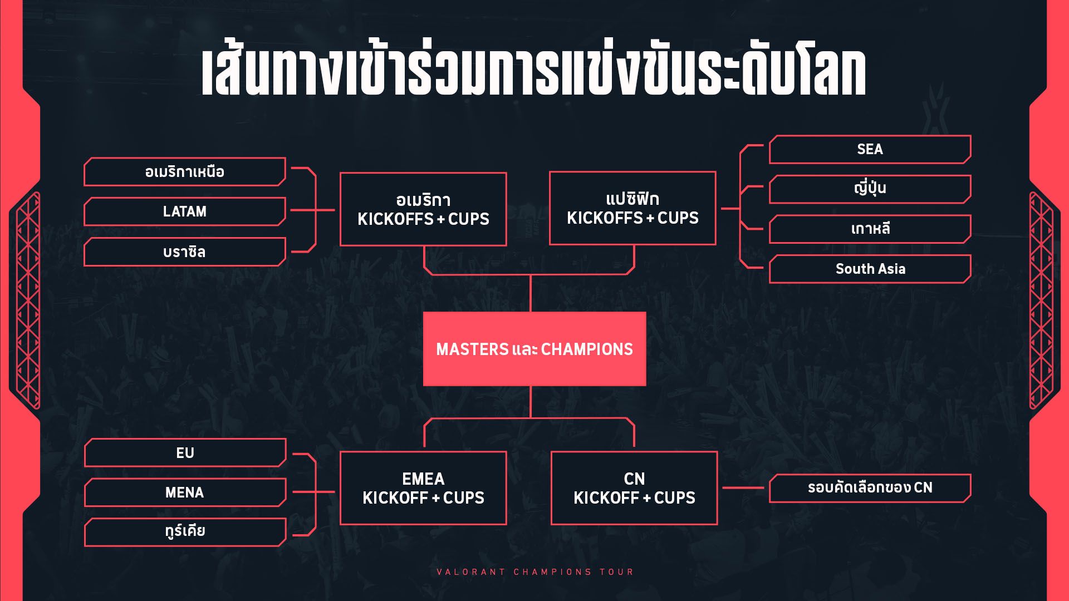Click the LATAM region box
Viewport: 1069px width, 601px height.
click(185, 211)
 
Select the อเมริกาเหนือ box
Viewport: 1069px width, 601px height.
click(185, 172)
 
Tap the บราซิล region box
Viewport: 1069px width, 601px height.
click(185, 252)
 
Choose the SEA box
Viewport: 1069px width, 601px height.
click(870, 149)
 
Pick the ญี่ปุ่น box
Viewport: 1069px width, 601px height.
click(870, 189)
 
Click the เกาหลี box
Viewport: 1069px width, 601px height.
click(870, 229)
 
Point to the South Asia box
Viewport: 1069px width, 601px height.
click(870, 269)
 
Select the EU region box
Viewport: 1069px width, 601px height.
click(185, 453)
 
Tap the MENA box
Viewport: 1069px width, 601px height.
click(185, 492)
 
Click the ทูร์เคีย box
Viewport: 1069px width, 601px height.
click(185, 532)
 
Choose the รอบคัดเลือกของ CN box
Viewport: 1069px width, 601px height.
click(870, 488)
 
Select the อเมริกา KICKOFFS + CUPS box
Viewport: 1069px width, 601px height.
click(423, 209)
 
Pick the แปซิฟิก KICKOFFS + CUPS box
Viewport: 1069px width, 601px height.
click(632, 208)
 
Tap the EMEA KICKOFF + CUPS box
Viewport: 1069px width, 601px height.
click(423, 488)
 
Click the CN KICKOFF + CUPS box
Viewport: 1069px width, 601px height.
click(634, 488)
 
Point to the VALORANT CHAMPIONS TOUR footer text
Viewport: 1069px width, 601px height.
click(535, 572)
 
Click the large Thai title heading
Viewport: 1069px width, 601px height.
click(533, 72)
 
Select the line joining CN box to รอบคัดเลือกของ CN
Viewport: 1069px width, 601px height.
click(743, 488)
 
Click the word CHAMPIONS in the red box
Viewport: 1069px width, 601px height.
click(587, 349)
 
